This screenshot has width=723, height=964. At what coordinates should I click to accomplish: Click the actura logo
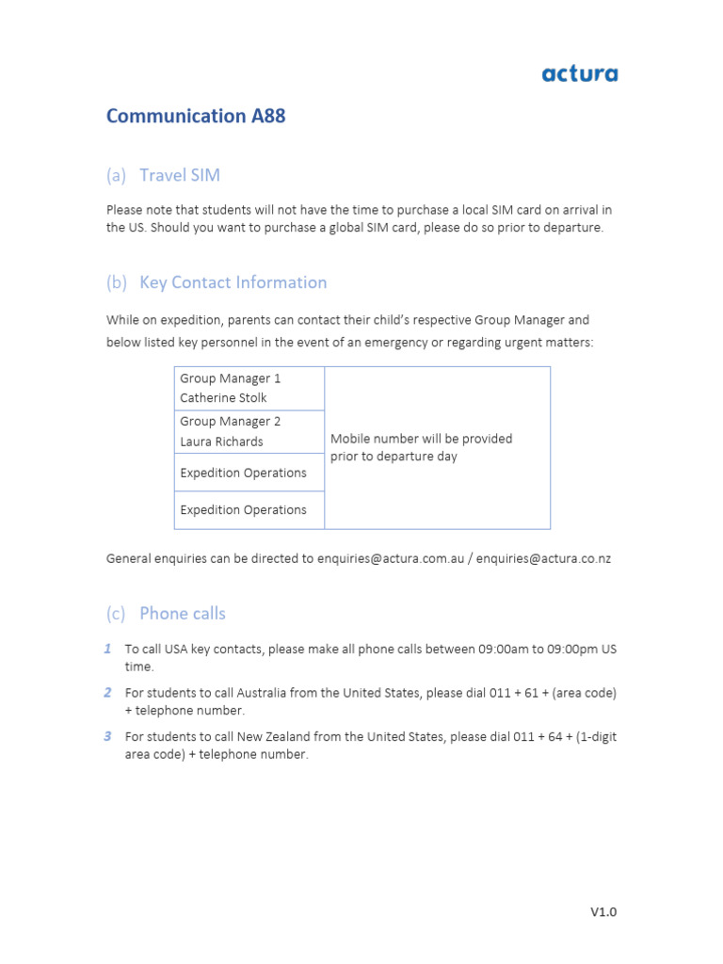[580, 73]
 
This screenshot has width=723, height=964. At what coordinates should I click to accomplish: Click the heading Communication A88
[196, 116]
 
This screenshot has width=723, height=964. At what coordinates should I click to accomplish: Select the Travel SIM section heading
[180, 175]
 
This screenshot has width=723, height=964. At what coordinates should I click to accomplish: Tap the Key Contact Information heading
[233, 282]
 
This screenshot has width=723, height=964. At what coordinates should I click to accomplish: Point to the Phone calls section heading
[183, 614]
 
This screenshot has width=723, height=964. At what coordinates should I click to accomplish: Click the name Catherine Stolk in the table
[223, 398]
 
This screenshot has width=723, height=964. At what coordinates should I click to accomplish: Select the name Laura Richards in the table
[221, 442]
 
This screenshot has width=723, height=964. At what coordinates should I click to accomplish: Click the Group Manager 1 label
[231, 378]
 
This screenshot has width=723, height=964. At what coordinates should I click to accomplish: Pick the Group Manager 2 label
[231, 422]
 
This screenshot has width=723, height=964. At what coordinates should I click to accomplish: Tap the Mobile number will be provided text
[422, 439]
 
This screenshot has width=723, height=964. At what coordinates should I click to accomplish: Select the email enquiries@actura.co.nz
[543, 558]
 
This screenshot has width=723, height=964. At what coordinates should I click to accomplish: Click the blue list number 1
[108, 649]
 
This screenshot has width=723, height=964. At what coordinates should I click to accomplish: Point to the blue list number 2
[108, 693]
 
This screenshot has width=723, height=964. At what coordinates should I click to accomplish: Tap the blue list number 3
[108, 736]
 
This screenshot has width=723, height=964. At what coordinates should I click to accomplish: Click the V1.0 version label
[603, 911]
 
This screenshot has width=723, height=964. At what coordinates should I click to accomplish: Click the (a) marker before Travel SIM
[116, 175]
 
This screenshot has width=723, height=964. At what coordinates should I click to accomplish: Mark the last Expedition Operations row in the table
[243, 510]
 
